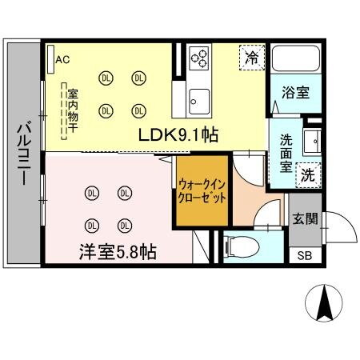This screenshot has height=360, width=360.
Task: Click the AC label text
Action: point(63,58)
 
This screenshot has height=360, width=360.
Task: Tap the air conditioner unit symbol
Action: point(50,59)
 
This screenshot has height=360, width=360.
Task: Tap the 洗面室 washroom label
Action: point(286,151)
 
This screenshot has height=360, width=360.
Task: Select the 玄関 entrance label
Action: point(304,218)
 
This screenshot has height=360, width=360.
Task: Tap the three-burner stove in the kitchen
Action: point(200,58)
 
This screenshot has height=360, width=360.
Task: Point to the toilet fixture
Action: point(239,246)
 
